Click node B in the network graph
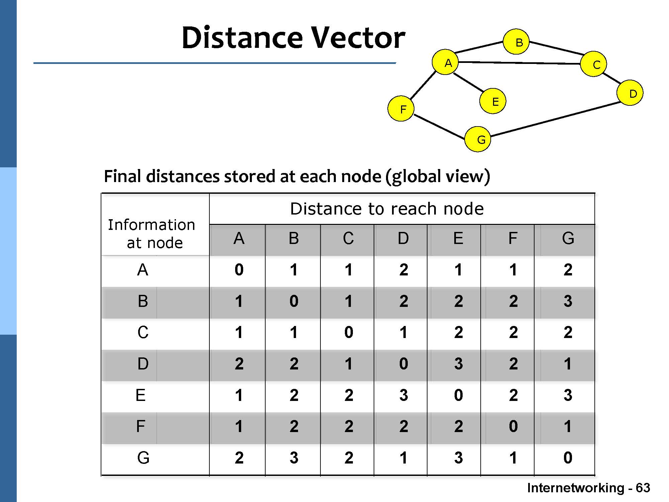516,42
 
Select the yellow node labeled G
478,139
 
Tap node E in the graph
492,101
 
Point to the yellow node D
630,93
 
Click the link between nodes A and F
423,85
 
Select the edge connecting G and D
555,119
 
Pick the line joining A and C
519,63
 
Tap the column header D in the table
403,238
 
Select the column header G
568,238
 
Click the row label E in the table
140,395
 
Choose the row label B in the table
143,301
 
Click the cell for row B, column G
568,301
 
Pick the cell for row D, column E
458,363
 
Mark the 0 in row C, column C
349,332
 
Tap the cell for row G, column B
294,457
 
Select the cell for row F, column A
238,426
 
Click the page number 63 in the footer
643,488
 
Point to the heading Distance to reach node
387,209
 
